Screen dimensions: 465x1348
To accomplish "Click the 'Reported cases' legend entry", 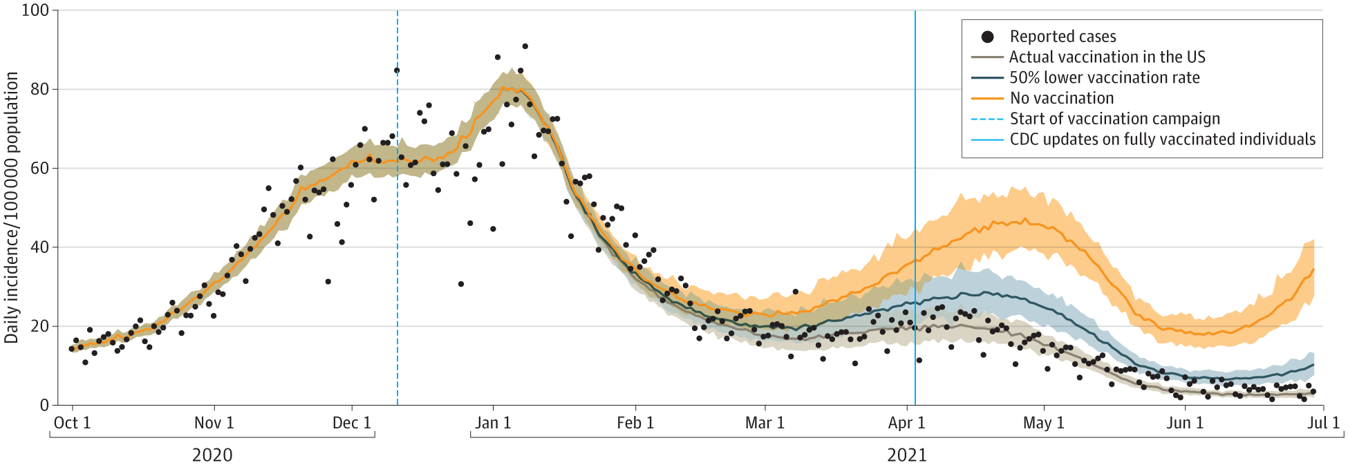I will coord(1063,37).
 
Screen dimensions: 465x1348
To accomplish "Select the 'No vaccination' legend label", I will coord(1062,98).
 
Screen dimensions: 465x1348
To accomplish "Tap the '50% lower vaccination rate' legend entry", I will coord(1104,77).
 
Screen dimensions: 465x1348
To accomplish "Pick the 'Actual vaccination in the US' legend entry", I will coord(1107,57).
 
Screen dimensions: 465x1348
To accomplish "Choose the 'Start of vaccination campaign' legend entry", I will coord(1114,119).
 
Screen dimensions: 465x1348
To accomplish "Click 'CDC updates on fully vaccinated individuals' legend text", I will coord(1162,140).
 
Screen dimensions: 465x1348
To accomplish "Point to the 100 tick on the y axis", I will coord(35,10).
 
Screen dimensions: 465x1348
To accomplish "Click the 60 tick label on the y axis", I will coord(39,168).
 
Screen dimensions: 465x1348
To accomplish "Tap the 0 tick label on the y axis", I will coord(44,405).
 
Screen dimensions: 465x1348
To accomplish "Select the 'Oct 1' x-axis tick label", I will coord(73,423).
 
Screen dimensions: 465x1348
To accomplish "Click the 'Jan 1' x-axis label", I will coord(493,423).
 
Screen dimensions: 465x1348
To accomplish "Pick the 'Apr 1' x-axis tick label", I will coord(906,423).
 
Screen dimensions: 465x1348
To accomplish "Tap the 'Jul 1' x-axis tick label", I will coord(1323,423).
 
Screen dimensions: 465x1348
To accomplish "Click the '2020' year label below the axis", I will coord(212,455).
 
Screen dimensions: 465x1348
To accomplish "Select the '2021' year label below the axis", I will coord(906,455).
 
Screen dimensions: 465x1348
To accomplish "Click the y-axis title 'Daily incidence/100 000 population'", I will coord(12,207).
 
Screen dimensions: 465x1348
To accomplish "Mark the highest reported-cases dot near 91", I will coord(525,46).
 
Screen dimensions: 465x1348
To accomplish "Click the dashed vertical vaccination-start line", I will coord(397,242).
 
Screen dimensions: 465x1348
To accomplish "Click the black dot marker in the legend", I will coord(988,37).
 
